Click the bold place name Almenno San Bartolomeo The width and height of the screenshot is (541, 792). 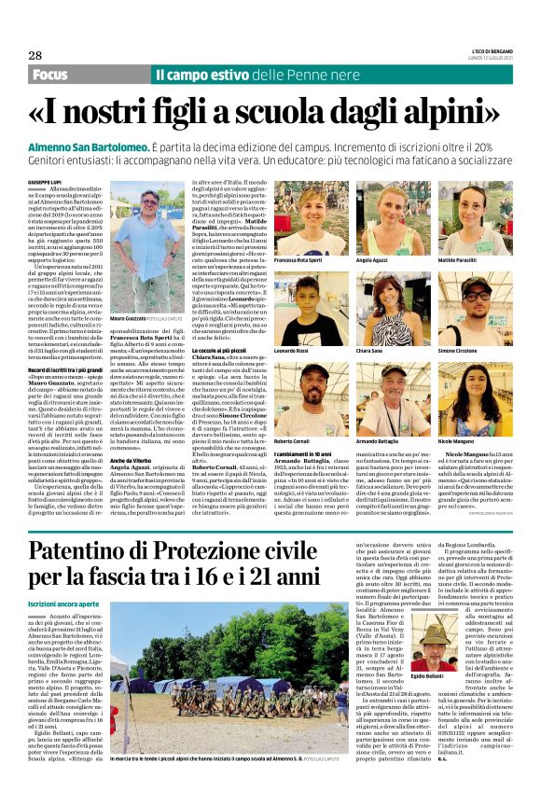pyautogui.click(x=85, y=149)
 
